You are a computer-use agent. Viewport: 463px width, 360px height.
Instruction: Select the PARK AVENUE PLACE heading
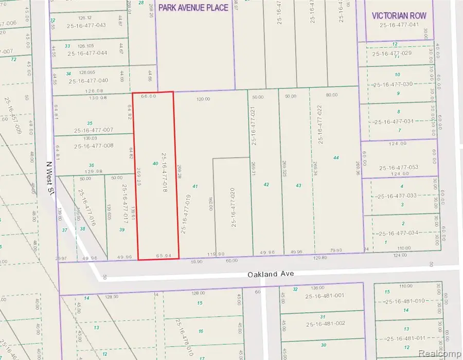pos(193,8)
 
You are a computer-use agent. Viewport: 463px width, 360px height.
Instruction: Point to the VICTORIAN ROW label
pos(399,16)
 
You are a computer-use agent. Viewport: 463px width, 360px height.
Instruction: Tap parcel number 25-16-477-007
pos(94,131)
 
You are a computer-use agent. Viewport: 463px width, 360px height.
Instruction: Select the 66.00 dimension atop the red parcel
pos(148,96)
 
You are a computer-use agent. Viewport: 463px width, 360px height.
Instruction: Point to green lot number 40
pos(155,163)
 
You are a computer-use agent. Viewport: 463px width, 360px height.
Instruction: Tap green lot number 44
pos(336,157)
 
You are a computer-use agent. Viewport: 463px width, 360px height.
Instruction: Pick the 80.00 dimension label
pos(332,96)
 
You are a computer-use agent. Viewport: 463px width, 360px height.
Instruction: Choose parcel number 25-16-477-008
pos(94,146)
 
